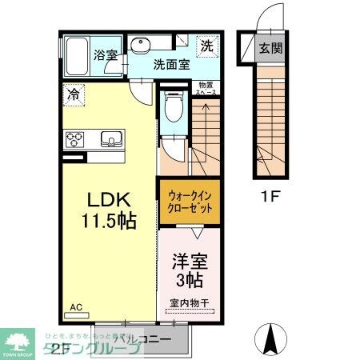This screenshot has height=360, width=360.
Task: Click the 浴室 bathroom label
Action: (106, 56)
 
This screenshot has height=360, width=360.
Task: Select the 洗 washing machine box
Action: (206, 46)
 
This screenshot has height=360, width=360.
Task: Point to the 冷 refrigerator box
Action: (72, 93)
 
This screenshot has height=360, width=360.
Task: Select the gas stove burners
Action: (77, 140)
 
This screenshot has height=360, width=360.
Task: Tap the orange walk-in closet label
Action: (190, 201)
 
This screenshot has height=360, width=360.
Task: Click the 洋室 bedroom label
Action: (190, 261)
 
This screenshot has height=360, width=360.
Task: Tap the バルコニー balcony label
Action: (142, 338)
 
